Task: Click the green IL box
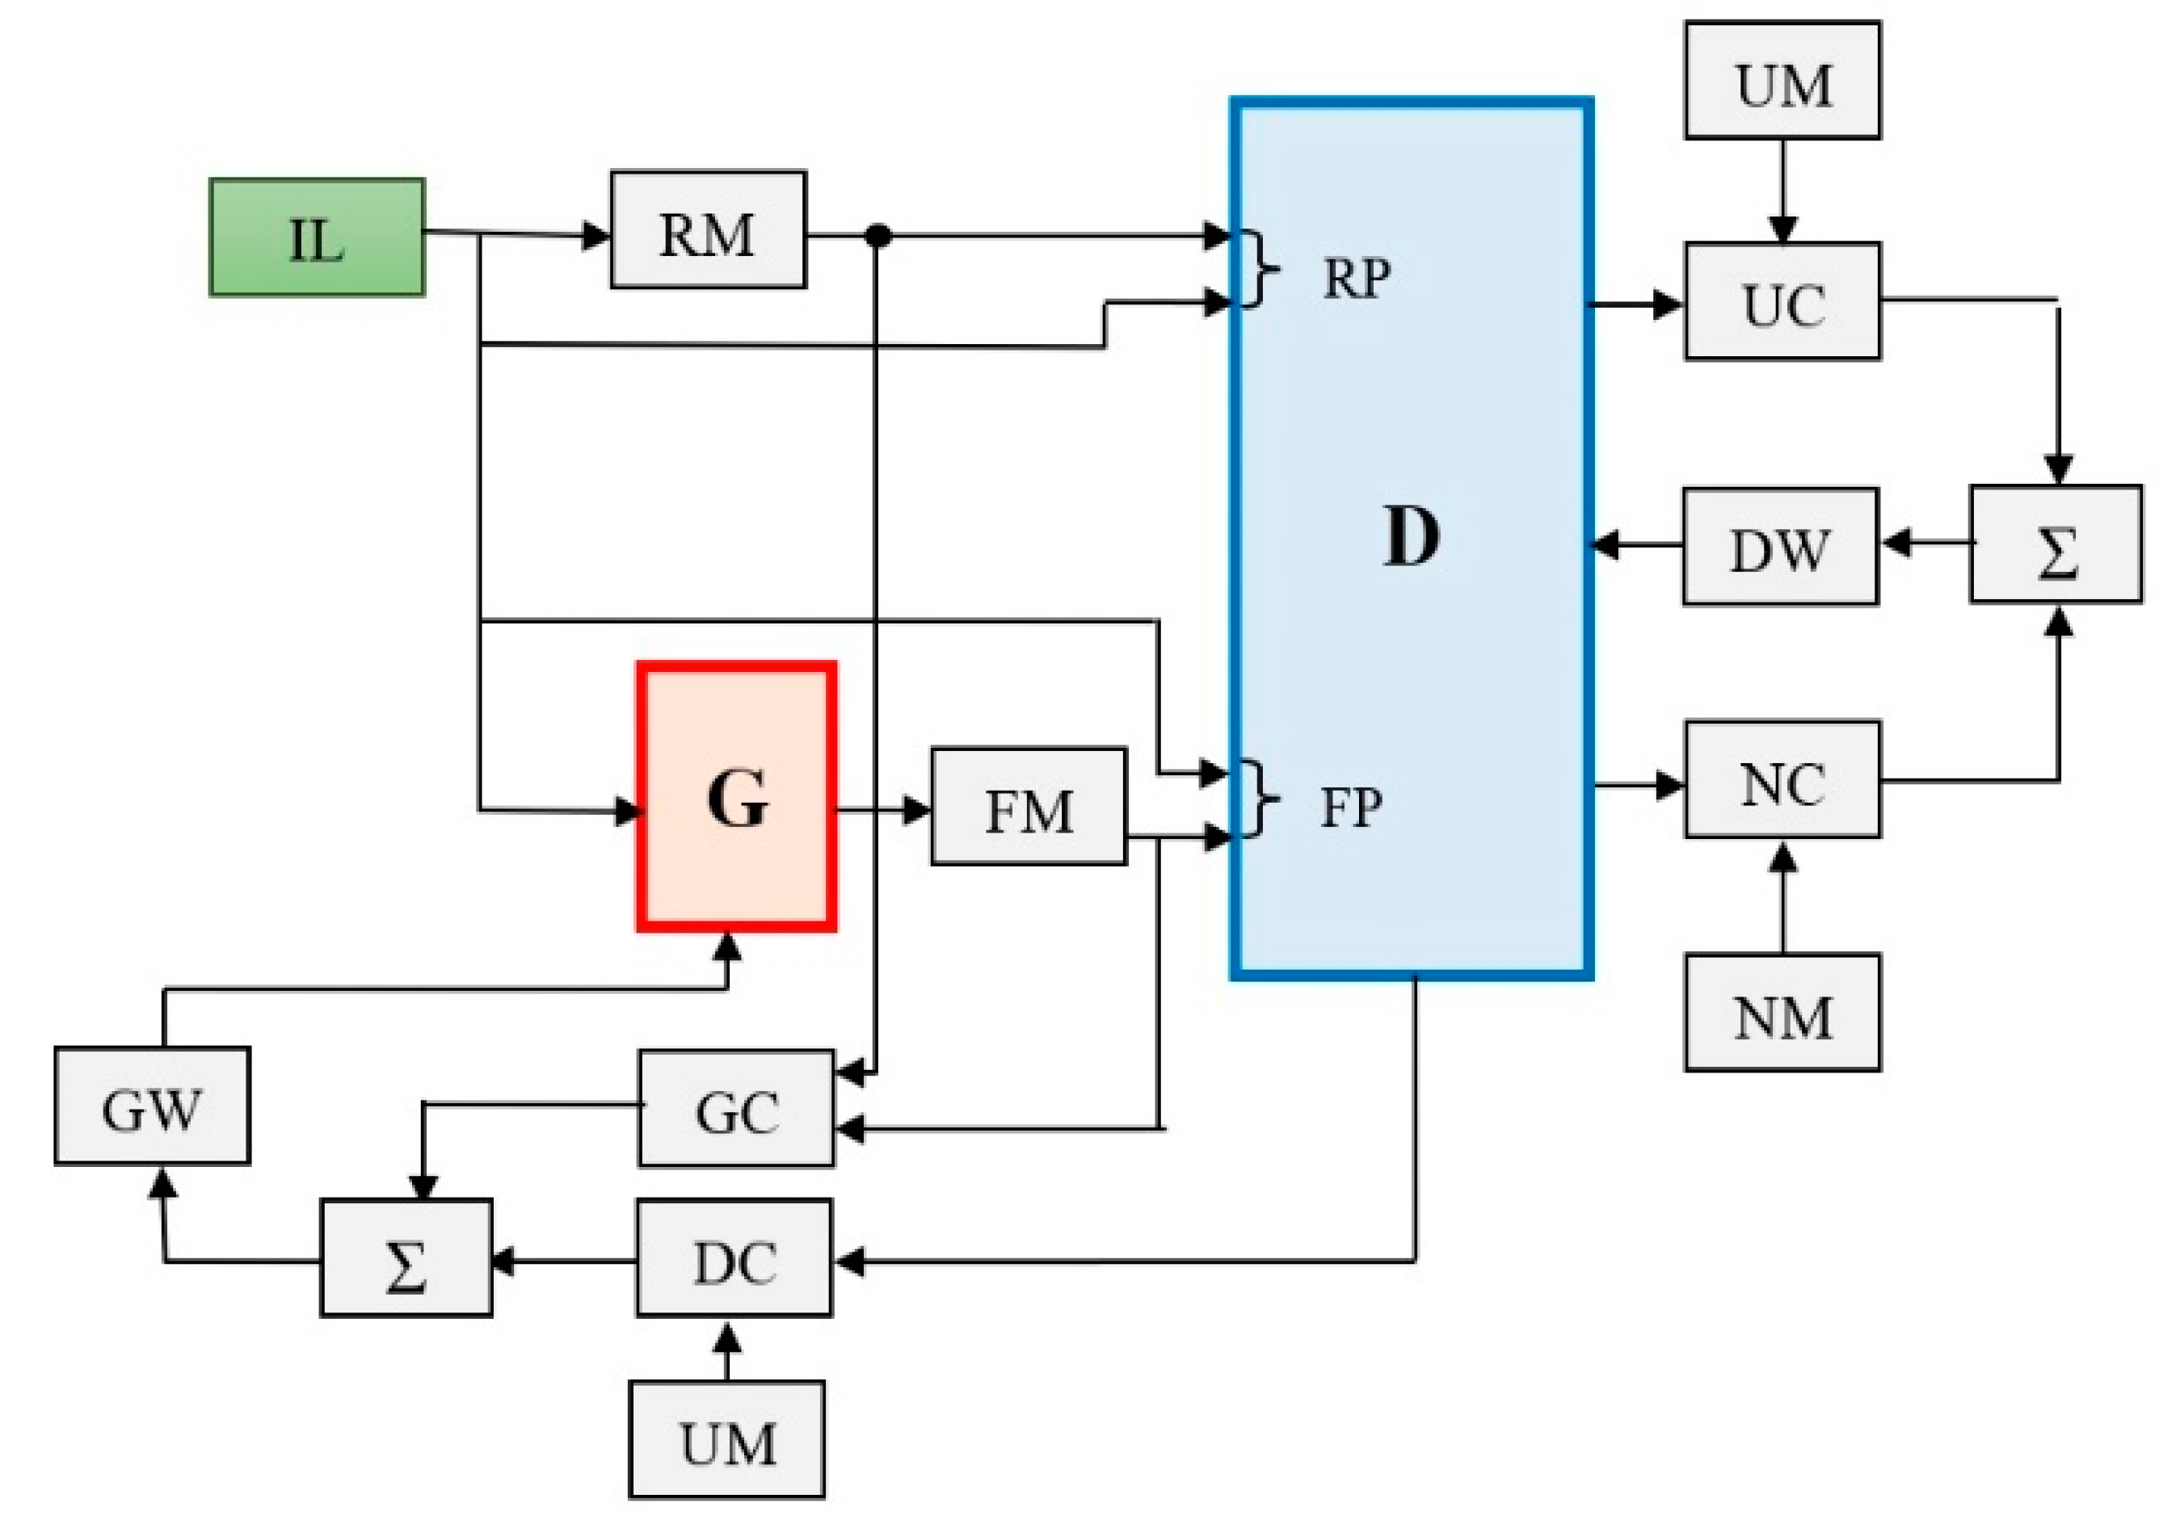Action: click(x=316, y=237)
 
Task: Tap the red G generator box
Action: click(x=737, y=797)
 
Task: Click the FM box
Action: click(x=1029, y=807)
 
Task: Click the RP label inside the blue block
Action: click(x=1356, y=278)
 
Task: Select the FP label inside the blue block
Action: click(x=1351, y=807)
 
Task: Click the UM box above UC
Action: click(x=1782, y=82)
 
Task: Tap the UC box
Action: click(x=1782, y=302)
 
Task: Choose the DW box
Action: click(x=1780, y=547)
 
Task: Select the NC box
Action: click(x=1782, y=780)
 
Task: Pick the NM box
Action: click(x=1782, y=1014)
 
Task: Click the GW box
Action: click(x=152, y=1106)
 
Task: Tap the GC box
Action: click(x=736, y=1109)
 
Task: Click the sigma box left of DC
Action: click(x=406, y=1259)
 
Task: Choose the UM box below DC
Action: click(x=726, y=1440)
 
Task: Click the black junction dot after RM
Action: click(x=878, y=235)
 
